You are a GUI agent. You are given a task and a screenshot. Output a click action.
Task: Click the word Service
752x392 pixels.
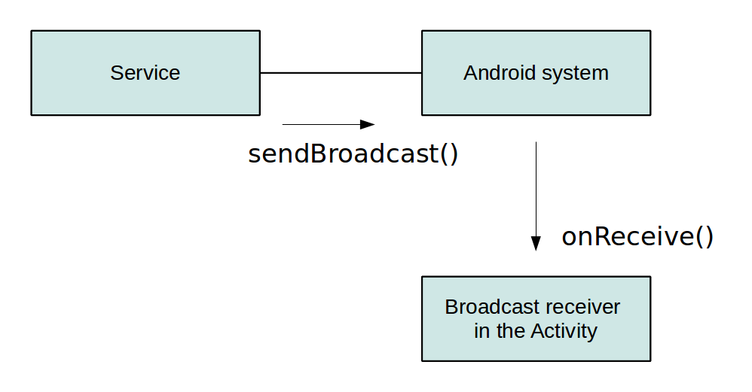[x=145, y=73]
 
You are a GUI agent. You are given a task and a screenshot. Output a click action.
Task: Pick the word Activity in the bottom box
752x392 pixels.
[x=564, y=331]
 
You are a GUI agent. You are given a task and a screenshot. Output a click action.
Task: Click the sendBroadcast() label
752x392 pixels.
[x=353, y=153]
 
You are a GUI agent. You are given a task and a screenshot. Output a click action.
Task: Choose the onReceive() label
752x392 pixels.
[x=637, y=236]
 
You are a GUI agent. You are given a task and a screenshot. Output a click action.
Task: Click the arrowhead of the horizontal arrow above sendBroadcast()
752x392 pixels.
[x=368, y=124]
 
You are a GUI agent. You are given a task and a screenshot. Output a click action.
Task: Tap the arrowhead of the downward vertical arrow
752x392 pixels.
[x=536, y=243]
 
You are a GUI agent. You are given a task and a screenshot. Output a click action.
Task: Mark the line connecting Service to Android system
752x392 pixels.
[x=341, y=73]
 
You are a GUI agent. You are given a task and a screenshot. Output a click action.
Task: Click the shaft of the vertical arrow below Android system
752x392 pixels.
[x=536, y=188]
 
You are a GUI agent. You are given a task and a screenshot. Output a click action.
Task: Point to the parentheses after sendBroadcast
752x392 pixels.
[x=449, y=153]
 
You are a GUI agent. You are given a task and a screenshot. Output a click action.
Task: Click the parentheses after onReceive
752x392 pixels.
[x=704, y=236]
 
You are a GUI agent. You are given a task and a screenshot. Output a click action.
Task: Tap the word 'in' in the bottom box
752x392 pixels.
[x=481, y=331]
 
